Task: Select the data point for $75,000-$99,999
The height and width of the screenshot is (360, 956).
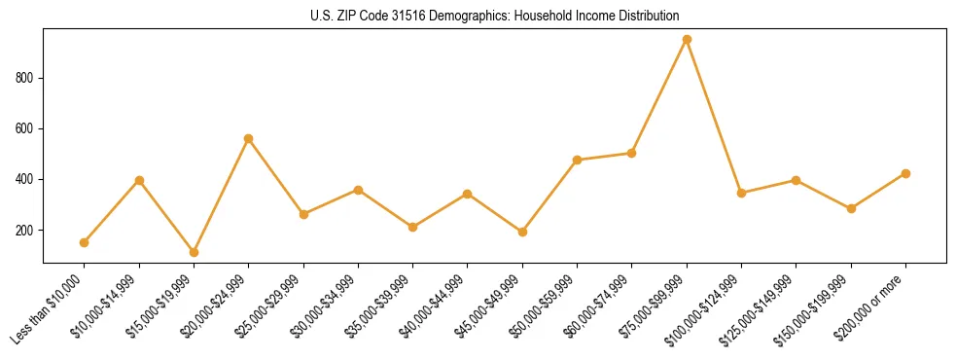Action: click(687, 39)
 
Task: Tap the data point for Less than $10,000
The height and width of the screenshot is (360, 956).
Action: click(85, 242)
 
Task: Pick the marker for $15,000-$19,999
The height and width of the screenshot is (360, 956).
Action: click(194, 252)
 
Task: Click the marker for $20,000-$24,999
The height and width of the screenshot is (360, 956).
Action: click(249, 138)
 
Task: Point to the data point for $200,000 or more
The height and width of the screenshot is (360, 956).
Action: click(905, 173)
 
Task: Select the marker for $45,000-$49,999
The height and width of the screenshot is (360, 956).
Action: click(522, 232)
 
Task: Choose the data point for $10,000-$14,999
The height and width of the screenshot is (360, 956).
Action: click(139, 180)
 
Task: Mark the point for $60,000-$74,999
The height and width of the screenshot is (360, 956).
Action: click(632, 153)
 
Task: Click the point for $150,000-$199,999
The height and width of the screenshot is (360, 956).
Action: click(851, 208)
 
